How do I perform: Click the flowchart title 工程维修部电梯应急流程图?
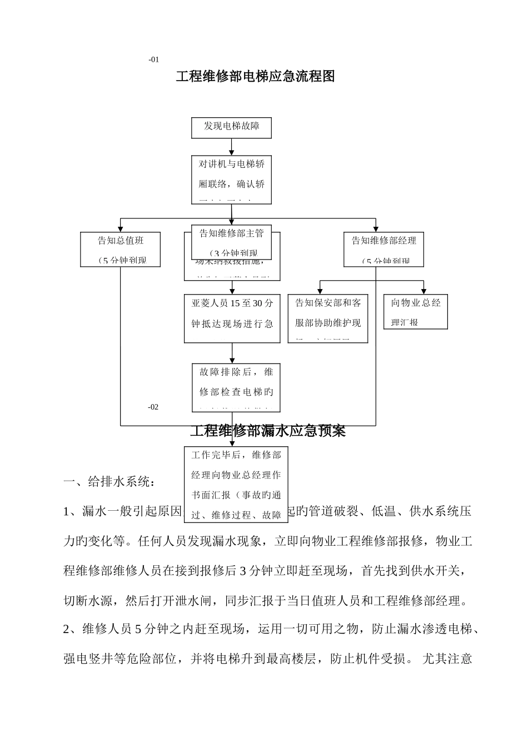click(255, 77)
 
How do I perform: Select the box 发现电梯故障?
click(231, 127)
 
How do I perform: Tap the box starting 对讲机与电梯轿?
click(231, 179)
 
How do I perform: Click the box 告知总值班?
click(121, 249)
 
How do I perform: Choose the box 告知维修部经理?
click(383, 249)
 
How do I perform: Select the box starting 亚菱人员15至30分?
click(232, 318)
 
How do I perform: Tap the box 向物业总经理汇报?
click(415, 312)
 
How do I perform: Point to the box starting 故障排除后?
click(232, 386)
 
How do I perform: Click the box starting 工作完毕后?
click(236, 484)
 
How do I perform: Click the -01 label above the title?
click(154, 59)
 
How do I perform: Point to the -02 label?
click(153, 407)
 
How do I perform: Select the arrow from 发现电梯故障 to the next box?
click(232, 147)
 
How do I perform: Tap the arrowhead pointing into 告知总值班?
click(121, 228)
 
